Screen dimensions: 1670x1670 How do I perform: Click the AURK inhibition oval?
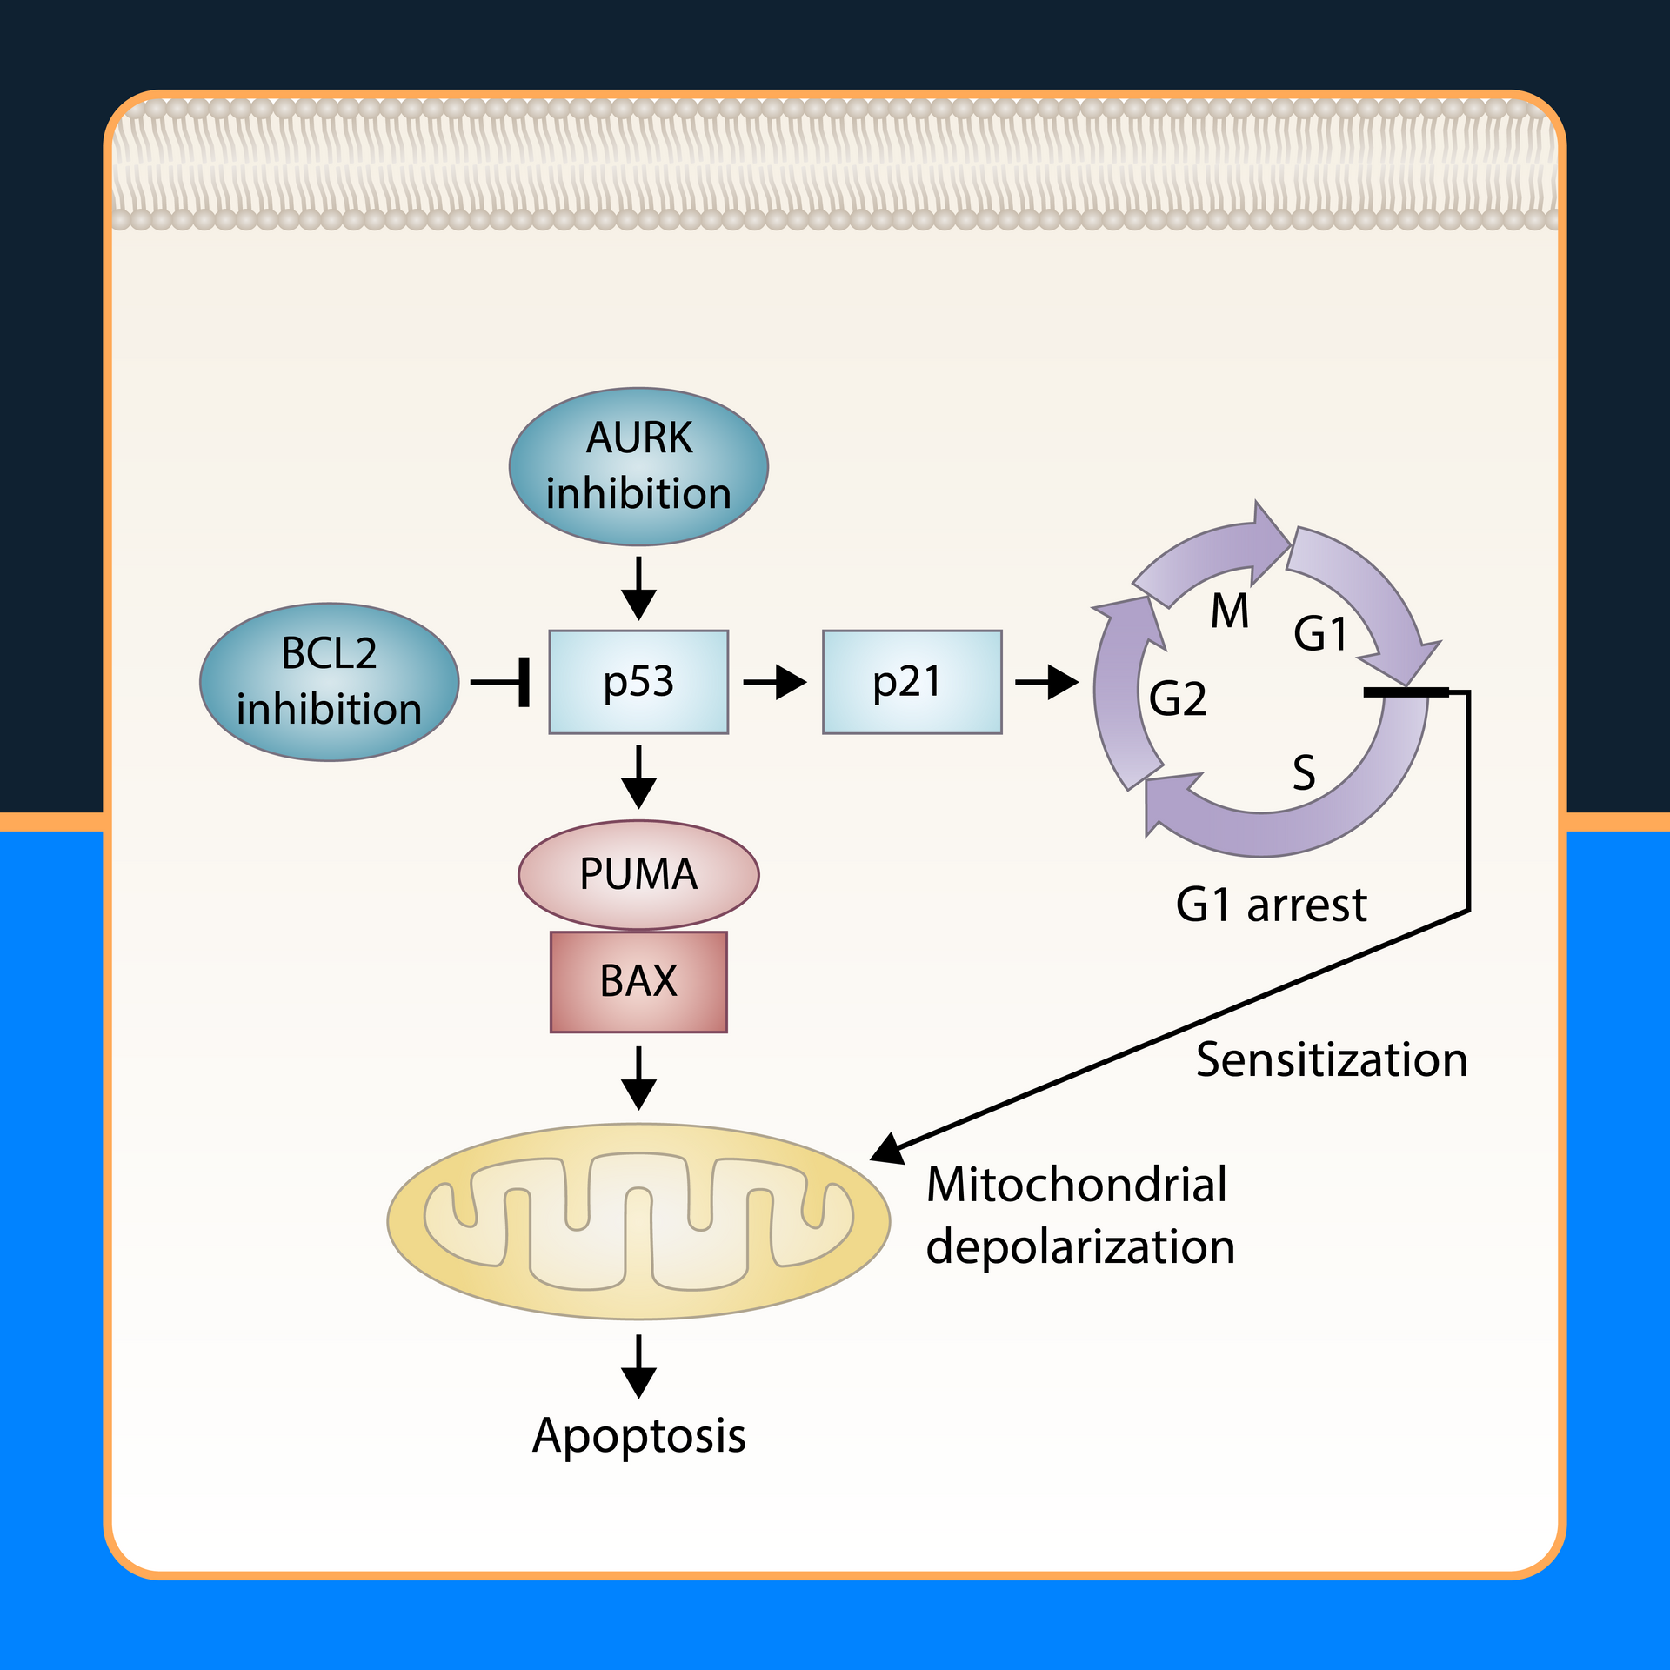[638, 466]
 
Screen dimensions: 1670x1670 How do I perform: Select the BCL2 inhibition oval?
[329, 682]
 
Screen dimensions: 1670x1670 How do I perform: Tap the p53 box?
[638, 682]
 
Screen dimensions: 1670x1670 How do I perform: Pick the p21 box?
[912, 682]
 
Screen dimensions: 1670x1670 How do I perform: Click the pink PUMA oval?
[638, 874]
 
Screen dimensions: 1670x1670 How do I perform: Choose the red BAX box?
[638, 982]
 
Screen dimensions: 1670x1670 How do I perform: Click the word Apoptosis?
[638, 1435]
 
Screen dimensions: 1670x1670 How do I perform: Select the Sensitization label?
[1332, 1060]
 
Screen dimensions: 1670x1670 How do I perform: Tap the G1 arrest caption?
[1271, 905]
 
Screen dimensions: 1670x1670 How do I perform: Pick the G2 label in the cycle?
[1178, 698]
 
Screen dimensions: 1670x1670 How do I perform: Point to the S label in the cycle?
[1303, 772]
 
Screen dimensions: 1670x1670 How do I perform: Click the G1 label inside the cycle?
[1320, 633]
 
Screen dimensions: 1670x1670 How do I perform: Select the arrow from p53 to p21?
[774, 682]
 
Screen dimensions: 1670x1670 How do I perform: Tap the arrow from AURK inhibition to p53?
[638, 588]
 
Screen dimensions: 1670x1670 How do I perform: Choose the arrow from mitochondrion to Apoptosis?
[638, 1366]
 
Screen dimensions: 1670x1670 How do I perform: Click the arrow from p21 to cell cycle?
[1046, 682]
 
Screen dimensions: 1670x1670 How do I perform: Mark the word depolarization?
[1079, 1247]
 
